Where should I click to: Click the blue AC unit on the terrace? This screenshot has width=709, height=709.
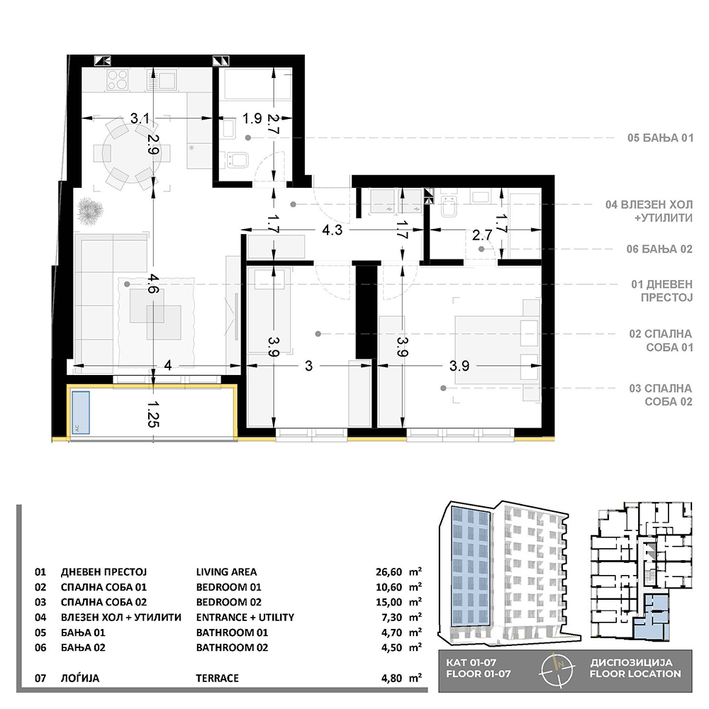coord(81,413)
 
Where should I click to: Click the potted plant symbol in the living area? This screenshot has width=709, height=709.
coord(90,211)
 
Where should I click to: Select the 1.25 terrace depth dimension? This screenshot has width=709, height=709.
coord(154,414)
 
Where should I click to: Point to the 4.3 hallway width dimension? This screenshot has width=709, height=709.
coord(333,230)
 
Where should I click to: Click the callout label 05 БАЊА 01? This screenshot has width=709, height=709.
coord(660,138)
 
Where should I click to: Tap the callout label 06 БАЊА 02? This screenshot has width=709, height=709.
coord(659,249)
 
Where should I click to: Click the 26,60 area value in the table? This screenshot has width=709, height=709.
coord(389,572)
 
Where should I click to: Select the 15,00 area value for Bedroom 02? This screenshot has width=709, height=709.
coord(389,602)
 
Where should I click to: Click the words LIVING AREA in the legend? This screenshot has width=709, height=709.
coord(227,572)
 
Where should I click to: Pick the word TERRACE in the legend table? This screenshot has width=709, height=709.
coord(217,679)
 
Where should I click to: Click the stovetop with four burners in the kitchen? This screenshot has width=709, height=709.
coord(118,81)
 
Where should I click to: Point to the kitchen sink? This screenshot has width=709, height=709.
coord(162,81)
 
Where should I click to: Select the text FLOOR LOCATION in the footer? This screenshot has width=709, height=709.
coord(635,674)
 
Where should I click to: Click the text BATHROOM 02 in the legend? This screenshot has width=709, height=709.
coord(232,647)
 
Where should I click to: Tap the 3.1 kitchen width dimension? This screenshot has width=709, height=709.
coord(140,118)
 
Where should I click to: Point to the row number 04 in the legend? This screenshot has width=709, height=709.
coord(40,618)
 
